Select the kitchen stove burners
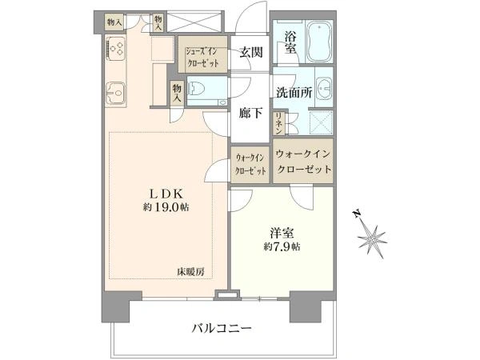tap(115, 48)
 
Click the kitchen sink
tap(115, 93)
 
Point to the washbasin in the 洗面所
tap(323, 88)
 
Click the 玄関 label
tap(251, 52)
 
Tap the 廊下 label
tap(250, 114)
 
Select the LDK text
tap(166, 194)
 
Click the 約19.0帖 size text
tap(166, 207)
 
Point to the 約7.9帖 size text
tap(282, 246)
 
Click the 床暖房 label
tap(190, 272)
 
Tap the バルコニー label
tap(222, 329)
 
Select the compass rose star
tap(372, 238)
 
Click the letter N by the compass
tap(356, 214)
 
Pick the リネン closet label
tap(279, 123)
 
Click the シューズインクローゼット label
tap(202, 57)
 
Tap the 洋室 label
tap(282, 233)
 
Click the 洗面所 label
tap(294, 92)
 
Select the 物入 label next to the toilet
tap(178, 93)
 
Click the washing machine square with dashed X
tap(321, 122)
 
